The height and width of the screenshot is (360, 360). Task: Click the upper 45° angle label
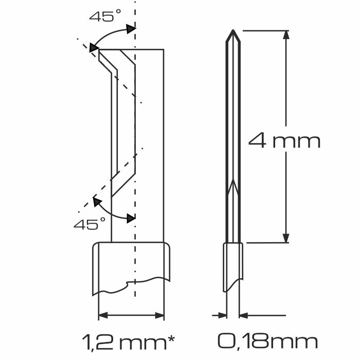[105, 16]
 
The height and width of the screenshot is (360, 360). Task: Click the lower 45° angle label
[89, 224]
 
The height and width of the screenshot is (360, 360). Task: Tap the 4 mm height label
[284, 140]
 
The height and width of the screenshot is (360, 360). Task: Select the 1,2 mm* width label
[129, 341]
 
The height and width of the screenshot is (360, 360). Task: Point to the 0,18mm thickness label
[267, 341]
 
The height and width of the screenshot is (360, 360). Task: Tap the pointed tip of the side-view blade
[233, 30]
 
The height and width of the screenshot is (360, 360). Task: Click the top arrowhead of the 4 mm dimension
[286, 35]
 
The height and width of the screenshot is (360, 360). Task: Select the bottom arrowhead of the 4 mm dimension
[286, 238]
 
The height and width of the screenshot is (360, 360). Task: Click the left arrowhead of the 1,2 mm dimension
[103, 315]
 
